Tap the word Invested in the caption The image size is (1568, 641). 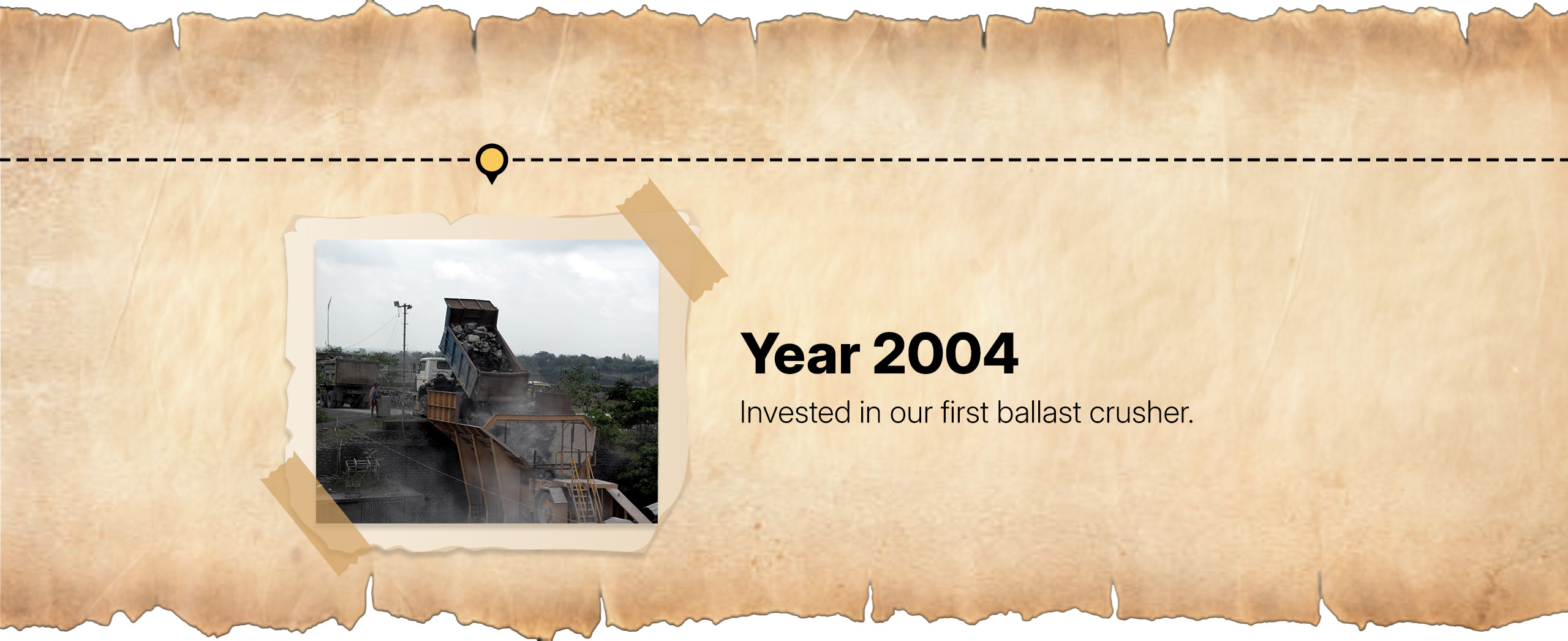(796, 412)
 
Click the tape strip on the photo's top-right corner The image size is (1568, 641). (673, 240)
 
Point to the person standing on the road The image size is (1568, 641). (374, 395)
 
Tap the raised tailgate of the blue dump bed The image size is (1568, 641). (470, 305)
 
